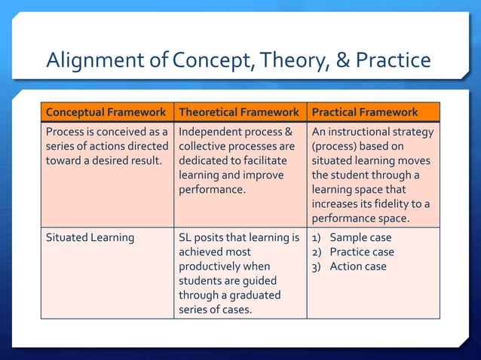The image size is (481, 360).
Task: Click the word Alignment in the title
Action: (x=90, y=59)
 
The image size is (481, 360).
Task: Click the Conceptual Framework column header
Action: (x=106, y=112)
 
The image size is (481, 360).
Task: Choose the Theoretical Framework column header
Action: (x=239, y=112)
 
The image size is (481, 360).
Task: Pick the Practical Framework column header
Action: (x=365, y=112)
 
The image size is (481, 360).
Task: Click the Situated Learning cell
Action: (x=90, y=238)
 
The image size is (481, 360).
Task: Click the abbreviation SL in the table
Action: (x=186, y=238)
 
